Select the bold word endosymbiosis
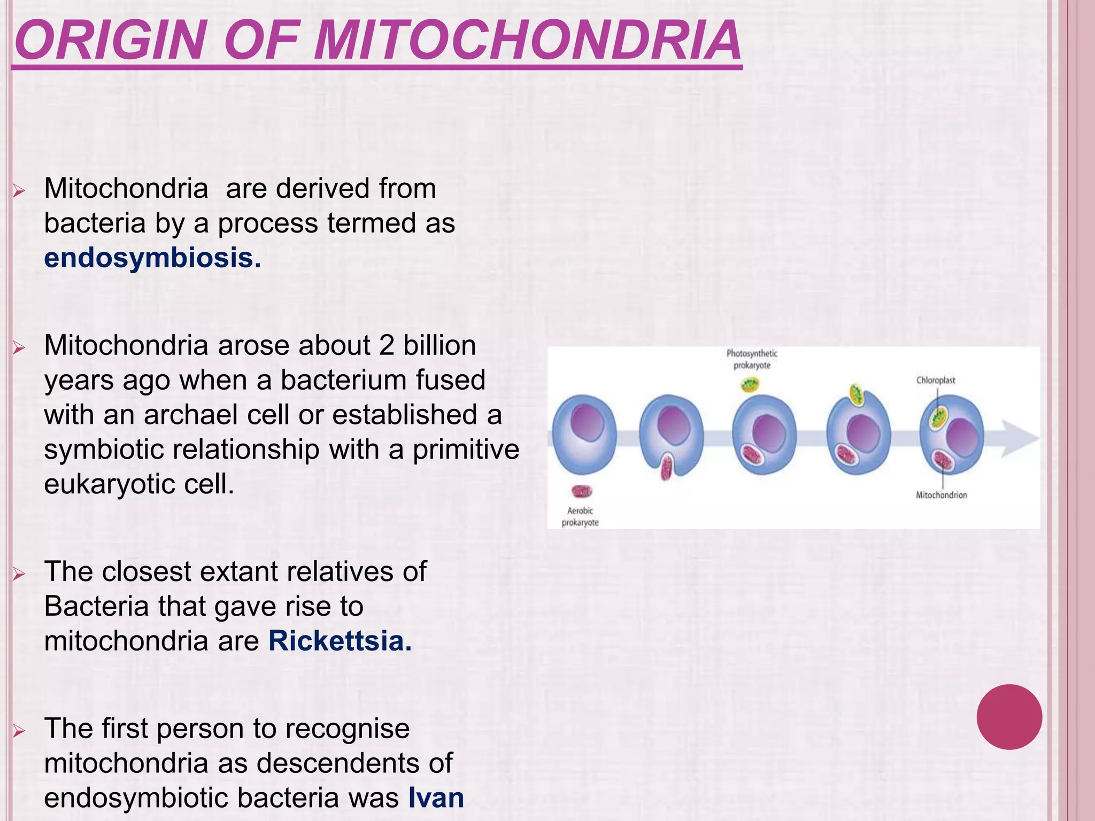pyautogui.click(x=152, y=258)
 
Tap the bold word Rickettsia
pyautogui.click(x=340, y=641)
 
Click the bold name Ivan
pyautogui.click(x=436, y=798)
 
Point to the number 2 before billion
pyautogui.click(x=387, y=346)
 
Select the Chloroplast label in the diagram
pyautogui.click(x=935, y=381)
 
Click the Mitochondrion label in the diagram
pyautogui.click(x=941, y=495)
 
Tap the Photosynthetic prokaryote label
pyautogui.click(x=752, y=359)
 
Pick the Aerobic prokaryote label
pyautogui.click(x=580, y=516)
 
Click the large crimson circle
pyautogui.click(x=1009, y=717)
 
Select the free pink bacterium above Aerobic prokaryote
pyautogui.click(x=582, y=491)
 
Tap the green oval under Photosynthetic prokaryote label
pyautogui.click(x=750, y=384)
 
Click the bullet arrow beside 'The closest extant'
pyautogui.click(x=19, y=575)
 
